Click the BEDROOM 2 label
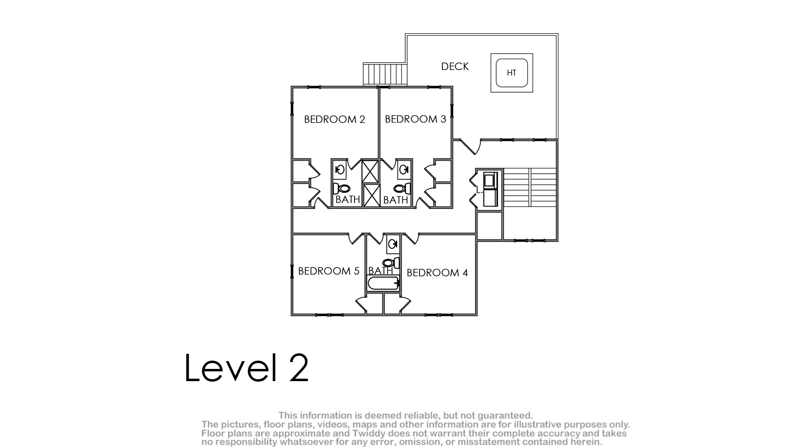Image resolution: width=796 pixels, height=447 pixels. (x=335, y=119)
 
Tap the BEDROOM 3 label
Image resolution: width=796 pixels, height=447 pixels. (x=416, y=119)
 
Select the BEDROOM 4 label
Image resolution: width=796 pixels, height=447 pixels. (x=437, y=273)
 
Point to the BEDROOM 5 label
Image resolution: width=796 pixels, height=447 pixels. (x=329, y=271)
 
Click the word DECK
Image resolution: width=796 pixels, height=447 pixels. (x=455, y=66)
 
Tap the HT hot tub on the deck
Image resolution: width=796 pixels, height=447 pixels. (x=512, y=73)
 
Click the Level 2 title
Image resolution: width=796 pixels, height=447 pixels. (x=246, y=368)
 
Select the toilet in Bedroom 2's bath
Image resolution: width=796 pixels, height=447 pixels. (x=341, y=188)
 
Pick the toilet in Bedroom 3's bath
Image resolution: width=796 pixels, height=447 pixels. (x=402, y=188)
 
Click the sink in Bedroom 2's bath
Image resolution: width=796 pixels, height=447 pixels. (x=340, y=170)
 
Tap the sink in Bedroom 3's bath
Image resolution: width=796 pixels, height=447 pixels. (x=404, y=170)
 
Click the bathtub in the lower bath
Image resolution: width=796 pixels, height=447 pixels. (x=383, y=284)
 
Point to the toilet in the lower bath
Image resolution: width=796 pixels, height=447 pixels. (x=391, y=263)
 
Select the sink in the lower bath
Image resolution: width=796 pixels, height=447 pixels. (x=393, y=244)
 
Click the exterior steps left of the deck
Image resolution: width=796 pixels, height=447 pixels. (x=385, y=74)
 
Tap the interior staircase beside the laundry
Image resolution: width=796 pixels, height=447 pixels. (x=530, y=187)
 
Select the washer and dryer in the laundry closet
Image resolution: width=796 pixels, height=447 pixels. (x=490, y=189)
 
